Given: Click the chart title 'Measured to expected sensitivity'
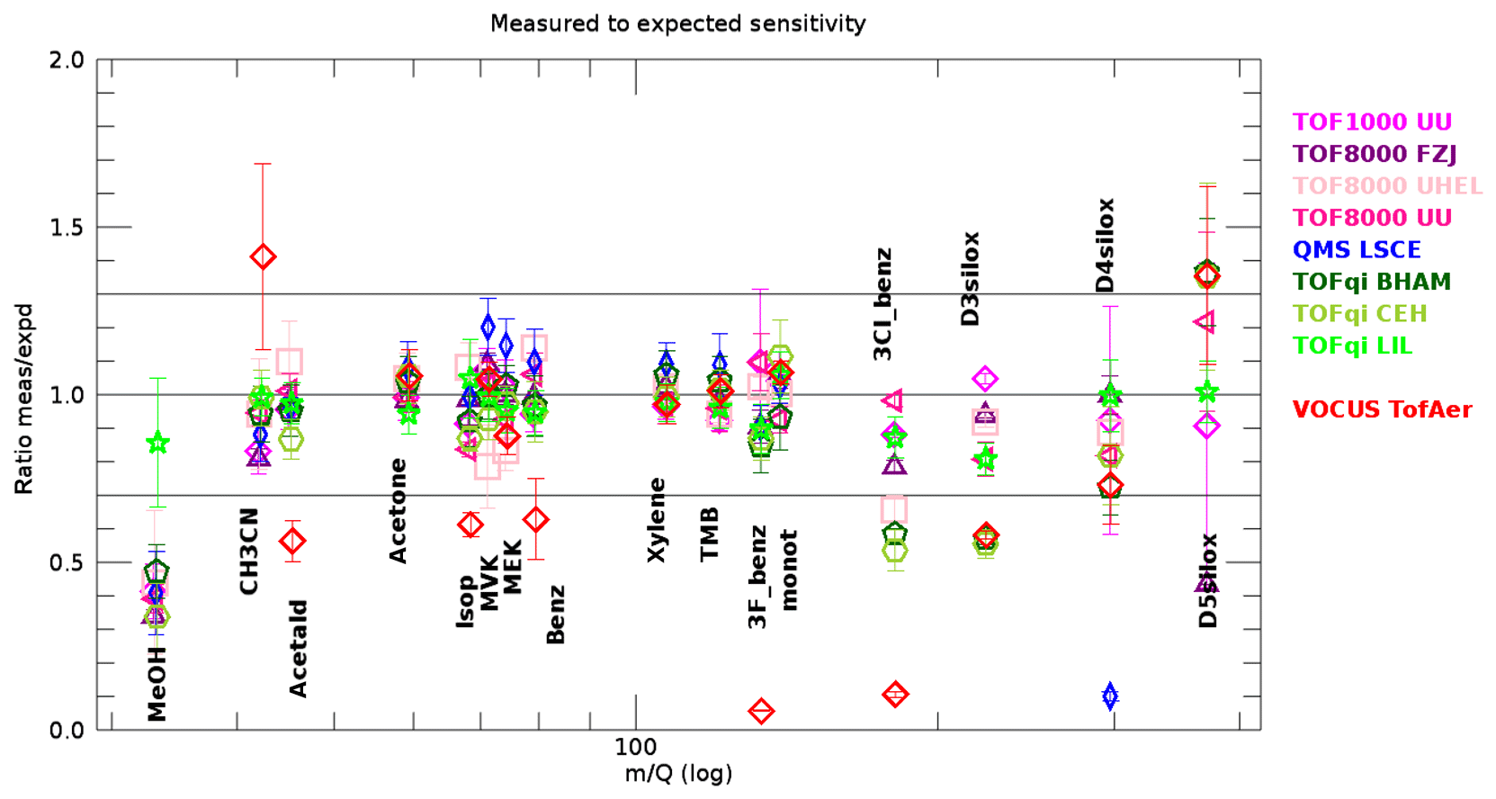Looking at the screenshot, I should (x=677, y=23).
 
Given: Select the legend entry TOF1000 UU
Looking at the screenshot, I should (x=1372, y=121).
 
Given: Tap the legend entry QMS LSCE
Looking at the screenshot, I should (x=1357, y=249).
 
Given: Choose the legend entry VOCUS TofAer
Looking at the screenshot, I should (x=1382, y=409).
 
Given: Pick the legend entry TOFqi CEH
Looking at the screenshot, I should (x=1359, y=313).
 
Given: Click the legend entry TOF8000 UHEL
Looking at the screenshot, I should (x=1387, y=185).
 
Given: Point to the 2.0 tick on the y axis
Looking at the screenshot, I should (x=67, y=60).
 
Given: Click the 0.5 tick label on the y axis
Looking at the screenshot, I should (x=67, y=562).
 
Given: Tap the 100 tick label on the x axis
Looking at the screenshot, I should (x=635, y=747).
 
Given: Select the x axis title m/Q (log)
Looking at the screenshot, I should (x=678, y=774).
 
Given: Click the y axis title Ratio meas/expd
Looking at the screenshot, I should (x=23, y=399).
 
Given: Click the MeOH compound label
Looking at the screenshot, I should (x=157, y=684).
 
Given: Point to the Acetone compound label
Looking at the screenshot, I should (x=398, y=510).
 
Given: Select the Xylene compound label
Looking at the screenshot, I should (x=658, y=520).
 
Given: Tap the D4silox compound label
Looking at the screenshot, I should (x=1106, y=245).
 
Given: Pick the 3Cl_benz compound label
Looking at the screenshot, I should (x=883, y=304).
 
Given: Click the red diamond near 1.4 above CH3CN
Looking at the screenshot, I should (x=263, y=257).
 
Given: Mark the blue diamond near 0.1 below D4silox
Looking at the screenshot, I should (x=1110, y=696).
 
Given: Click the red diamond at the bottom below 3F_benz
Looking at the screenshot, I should (x=761, y=711).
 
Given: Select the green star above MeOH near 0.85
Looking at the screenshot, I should (x=157, y=443).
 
